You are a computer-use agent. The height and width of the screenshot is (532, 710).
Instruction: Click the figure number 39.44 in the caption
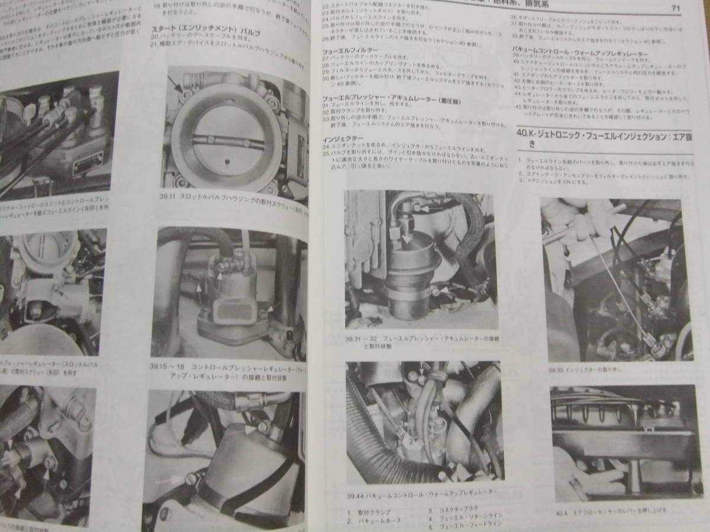[359, 492]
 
